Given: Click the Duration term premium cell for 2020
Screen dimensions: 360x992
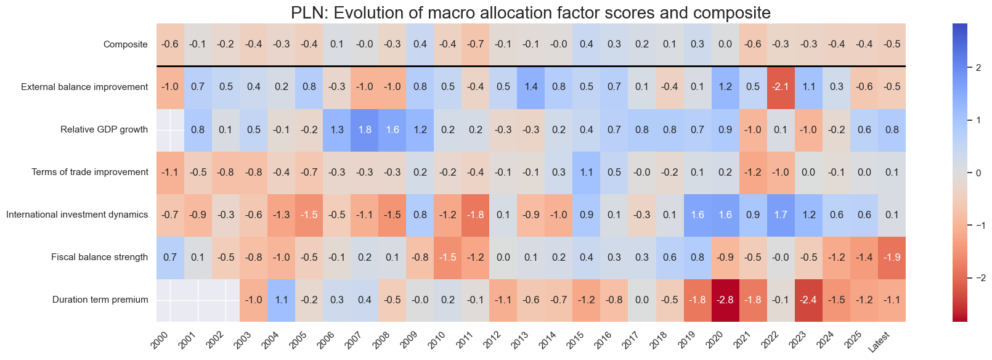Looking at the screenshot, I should click(x=725, y=300).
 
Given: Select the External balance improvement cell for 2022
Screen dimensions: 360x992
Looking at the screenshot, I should click(x=781, y=87).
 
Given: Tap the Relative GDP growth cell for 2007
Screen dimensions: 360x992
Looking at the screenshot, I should click(x=365, y=129).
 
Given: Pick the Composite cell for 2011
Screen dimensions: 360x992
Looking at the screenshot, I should click(x=476, y=44).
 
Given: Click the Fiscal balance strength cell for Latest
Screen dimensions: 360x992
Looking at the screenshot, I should click(x=892, y=258).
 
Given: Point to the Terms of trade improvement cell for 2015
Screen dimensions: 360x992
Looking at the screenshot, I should click(x=587, y=172).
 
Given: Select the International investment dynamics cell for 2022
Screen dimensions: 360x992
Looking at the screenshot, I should click(x=781, y=215).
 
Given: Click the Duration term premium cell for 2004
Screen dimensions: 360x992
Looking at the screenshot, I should click(x=282, y=300).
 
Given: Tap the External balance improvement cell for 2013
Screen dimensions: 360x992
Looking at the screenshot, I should click(x=531, y=87).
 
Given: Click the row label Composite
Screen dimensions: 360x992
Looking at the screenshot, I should click(x=126, y=44).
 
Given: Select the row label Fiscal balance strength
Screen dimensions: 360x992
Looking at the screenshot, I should click(x=99, y=258).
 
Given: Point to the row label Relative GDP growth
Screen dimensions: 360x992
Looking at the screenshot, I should click(x=104, y=129).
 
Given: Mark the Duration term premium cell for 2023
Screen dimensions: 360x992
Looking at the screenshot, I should click(x=808, y=300).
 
